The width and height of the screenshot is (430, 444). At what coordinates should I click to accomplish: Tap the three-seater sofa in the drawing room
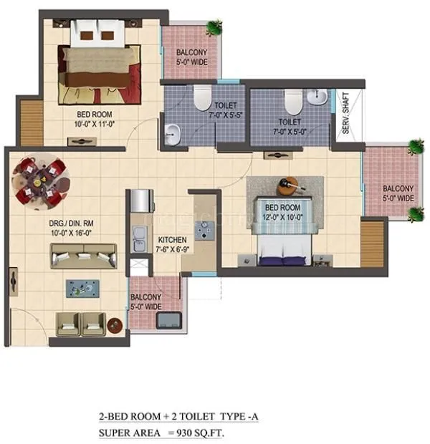pos(83,254)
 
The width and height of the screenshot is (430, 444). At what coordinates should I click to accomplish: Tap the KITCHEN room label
pos(173,240)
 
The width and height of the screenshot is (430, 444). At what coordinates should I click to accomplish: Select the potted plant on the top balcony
pos(213,28)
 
